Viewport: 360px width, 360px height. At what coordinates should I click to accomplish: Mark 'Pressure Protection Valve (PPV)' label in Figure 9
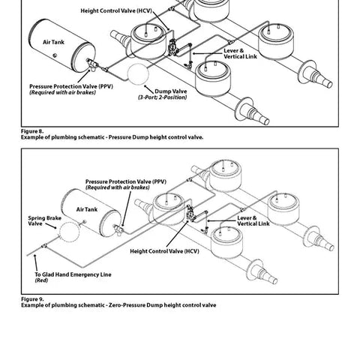click(127, 181)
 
